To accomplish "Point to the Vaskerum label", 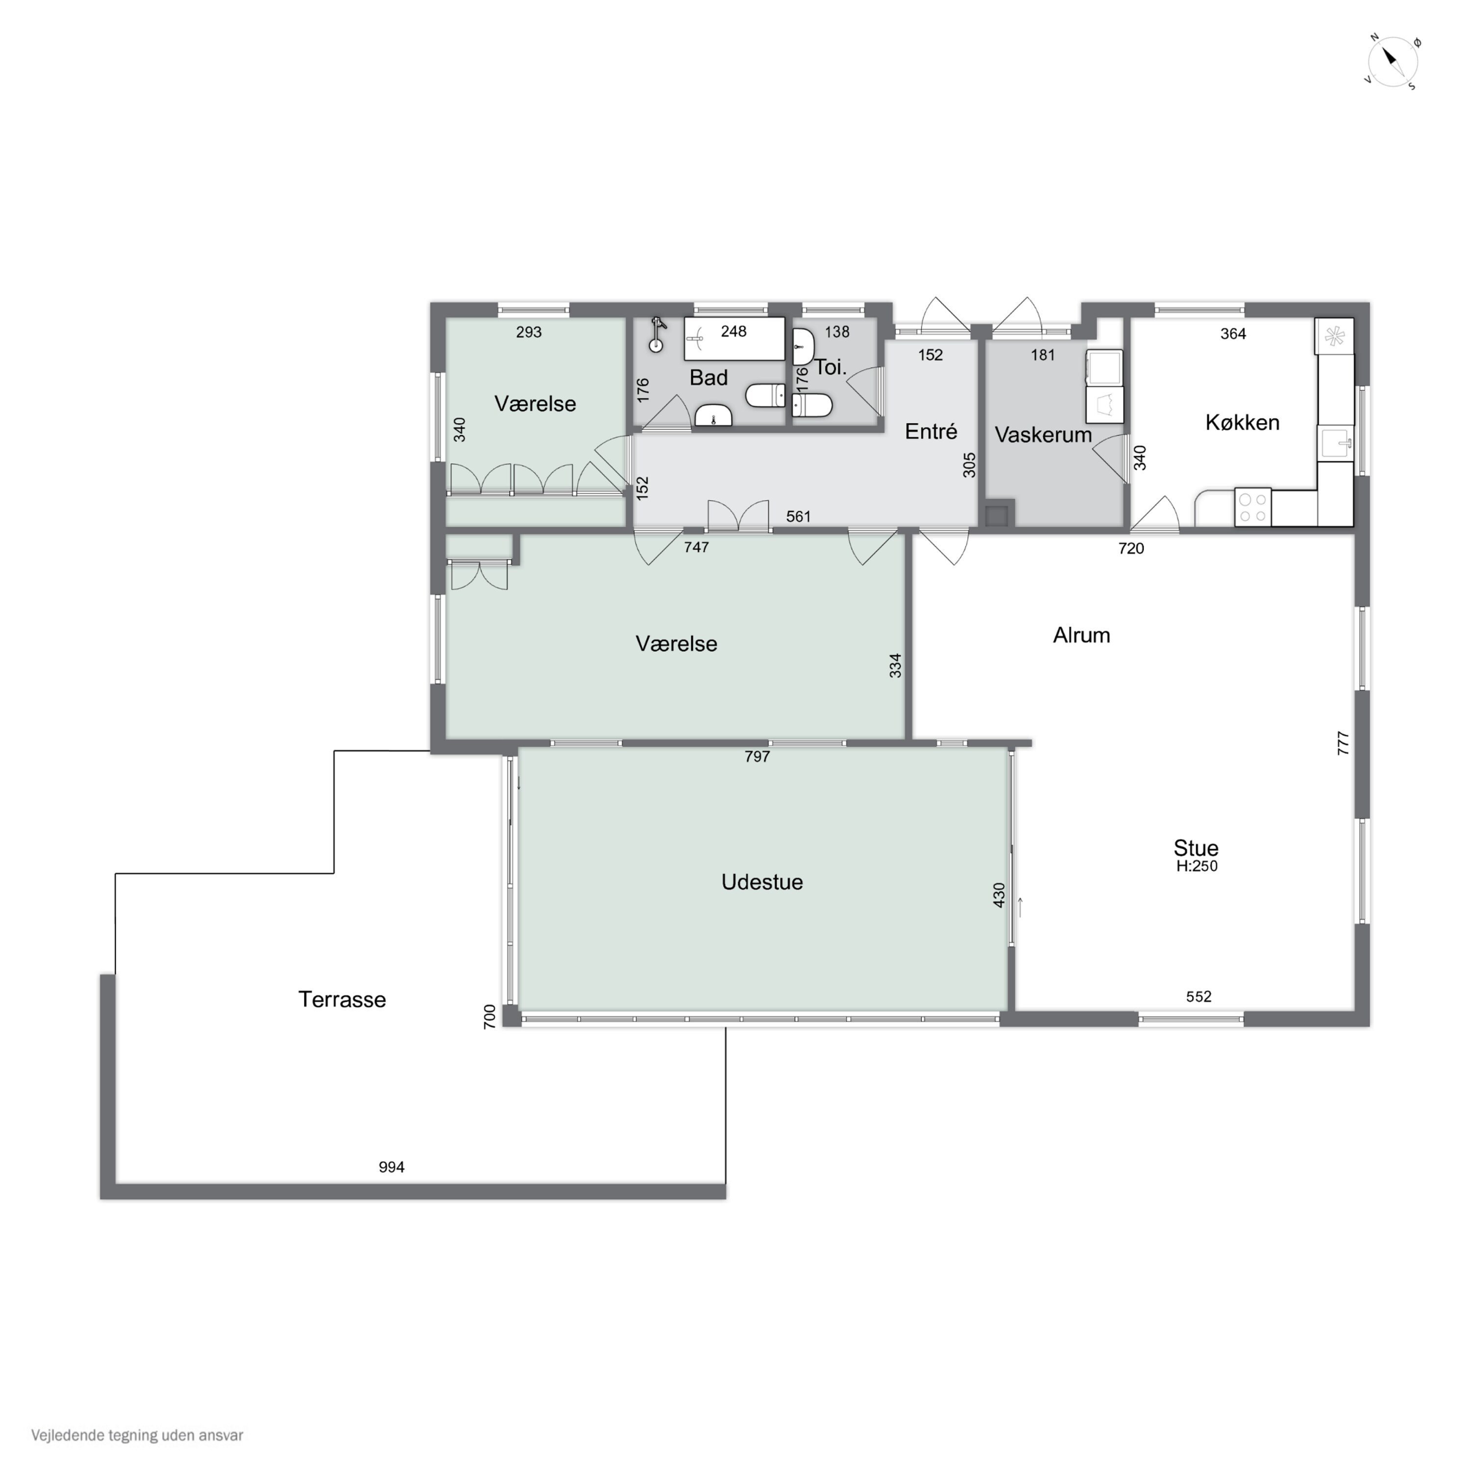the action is click(1043, 435).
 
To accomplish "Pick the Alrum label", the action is click(1081, 636).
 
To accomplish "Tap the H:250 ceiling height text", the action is click(1197, 866).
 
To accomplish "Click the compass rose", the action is click(1393, 62).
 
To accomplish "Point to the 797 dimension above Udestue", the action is click(757, 757).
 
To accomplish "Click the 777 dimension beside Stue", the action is click(1343, 743).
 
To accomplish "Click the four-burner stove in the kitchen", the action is click(1252, 508).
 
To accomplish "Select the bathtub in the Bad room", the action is click(734, 339).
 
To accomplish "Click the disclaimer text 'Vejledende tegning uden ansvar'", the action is click(137, 1435).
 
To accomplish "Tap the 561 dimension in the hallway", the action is click(798, 517).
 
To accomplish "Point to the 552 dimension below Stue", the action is click(1199, 997).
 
